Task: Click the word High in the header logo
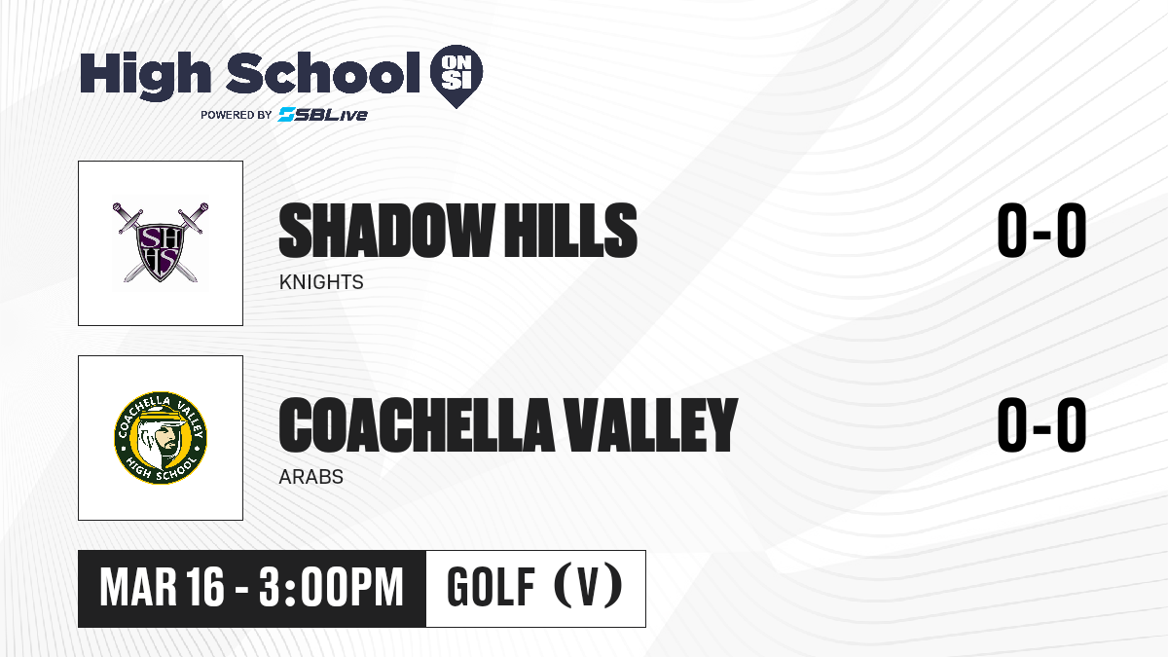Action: (145, 75)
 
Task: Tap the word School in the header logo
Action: (323, 73)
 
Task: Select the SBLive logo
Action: (322, 114)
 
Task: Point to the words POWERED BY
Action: (237, 115)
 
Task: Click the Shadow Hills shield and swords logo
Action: (161, 242)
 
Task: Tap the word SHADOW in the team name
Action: (386, 231)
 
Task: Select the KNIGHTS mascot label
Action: (321, 282)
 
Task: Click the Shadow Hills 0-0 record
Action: (1041, 231)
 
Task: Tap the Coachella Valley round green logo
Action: (161, 437)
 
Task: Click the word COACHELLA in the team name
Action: (417, 425)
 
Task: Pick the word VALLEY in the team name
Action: (651, 425)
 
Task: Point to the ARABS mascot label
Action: (311, 477)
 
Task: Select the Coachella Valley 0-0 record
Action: (1041, 425)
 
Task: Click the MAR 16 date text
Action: (163, 587)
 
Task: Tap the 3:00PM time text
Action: (331, 587)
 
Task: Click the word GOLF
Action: (491, 587)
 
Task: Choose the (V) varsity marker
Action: (588, 586)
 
